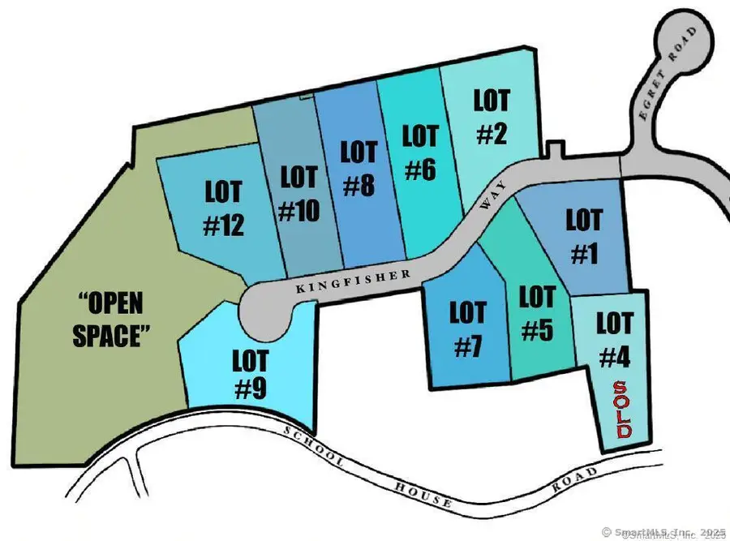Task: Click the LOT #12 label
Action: pos(223,208)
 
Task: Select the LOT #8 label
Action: pos(358,169)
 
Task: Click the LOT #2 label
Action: pos(492,117)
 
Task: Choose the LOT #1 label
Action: pos(584,237)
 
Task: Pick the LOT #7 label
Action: pos(467,329)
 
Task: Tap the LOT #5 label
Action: pos(536,314)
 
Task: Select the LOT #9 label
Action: pos(250,373)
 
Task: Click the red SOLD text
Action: pos(621,410)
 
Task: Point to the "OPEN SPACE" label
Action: pos(114,320)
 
